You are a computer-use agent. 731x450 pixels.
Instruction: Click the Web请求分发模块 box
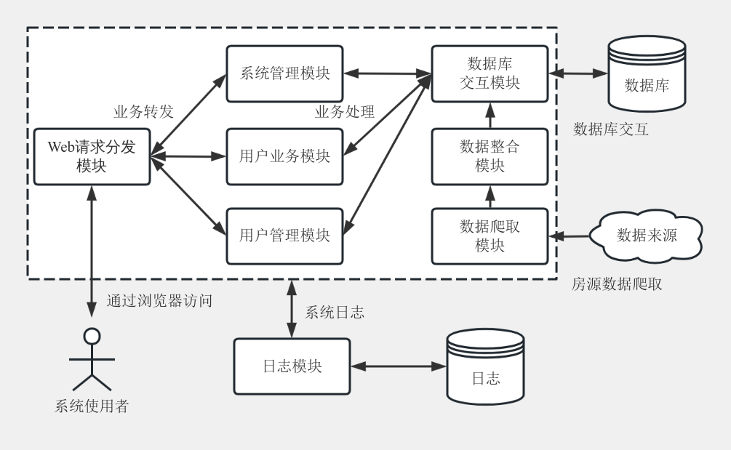[92, 156]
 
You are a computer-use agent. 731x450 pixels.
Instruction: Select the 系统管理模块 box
[284, 73]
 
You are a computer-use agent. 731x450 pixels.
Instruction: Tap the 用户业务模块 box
[284, 156]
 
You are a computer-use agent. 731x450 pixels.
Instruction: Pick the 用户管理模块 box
[284, 236]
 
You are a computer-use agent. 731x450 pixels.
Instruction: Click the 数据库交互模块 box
[490, 73]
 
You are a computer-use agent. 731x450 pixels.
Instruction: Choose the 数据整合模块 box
[490, 156]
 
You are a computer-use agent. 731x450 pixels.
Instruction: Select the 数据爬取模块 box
[490, 236]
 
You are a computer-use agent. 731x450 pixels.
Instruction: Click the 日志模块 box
[291, 366]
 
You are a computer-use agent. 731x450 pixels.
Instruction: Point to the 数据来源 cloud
[647, 235]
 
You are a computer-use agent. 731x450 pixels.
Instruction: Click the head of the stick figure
[92, 336]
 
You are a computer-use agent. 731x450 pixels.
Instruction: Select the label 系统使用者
[92, 406]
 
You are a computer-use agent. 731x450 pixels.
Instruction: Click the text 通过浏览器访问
[159, 300]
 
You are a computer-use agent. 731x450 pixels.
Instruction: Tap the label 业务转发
[143, 112]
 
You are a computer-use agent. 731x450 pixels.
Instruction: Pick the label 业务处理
[345, 112]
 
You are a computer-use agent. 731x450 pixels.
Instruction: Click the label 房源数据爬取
[617, 284]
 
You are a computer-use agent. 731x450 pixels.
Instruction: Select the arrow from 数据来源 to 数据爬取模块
[571, 236]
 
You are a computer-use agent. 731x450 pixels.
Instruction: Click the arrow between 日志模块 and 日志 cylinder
[398, 366]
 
